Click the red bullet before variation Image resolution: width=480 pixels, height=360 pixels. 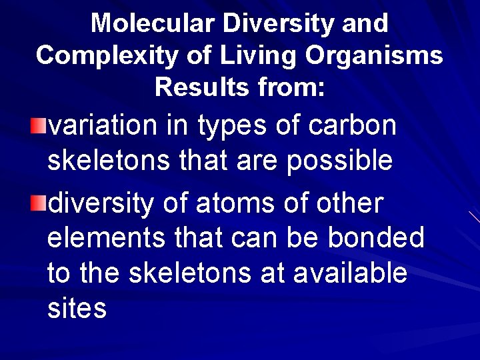41,124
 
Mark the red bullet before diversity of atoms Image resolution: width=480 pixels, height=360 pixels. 41,203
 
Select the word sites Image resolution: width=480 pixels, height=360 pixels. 77,309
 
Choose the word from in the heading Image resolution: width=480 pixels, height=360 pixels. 293,87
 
